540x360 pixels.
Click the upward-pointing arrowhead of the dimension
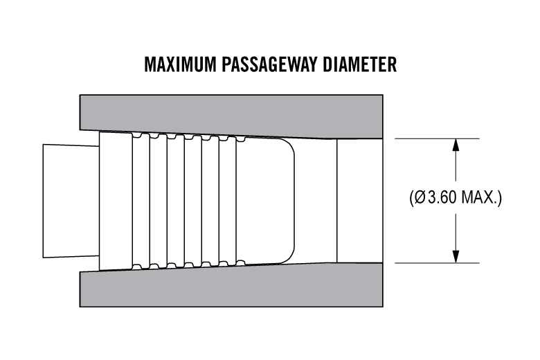[x=455, y=145]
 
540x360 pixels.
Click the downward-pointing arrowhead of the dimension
[x=455, y=255]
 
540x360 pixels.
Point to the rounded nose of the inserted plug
[x=287, y=200]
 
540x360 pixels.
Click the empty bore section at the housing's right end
[x=359, y=200]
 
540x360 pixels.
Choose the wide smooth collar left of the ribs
[x=116, y=200]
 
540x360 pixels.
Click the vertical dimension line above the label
[x=455, y=166]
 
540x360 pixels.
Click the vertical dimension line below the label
[x=455, y=232]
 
